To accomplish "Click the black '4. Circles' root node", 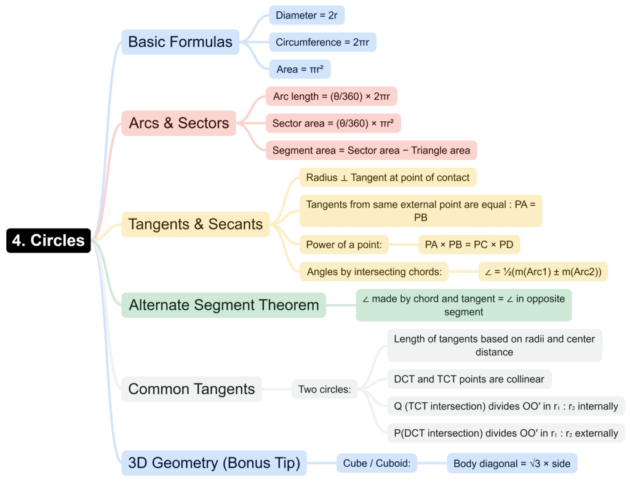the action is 49,240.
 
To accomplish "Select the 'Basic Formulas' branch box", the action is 180,42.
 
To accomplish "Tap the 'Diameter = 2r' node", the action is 306,15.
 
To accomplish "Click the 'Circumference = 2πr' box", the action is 322,42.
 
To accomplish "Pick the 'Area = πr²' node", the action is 300,69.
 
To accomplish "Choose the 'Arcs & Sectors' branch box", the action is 179,123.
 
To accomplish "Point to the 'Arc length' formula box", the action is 332,96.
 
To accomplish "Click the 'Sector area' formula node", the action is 333,123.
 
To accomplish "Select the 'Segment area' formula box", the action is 371,150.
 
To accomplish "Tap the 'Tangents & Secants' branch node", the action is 196,224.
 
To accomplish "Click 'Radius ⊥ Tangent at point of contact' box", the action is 388,177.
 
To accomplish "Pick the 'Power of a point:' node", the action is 344,245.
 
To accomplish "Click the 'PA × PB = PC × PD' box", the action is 469,245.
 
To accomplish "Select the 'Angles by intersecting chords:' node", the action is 374,272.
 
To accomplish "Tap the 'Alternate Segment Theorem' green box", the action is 224,305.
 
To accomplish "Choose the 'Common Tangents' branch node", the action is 192,389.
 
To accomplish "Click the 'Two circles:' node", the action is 325,389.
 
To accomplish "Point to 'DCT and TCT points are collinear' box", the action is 469,379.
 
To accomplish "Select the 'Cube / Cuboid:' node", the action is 377,463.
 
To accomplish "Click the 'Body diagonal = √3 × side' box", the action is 512,463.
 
